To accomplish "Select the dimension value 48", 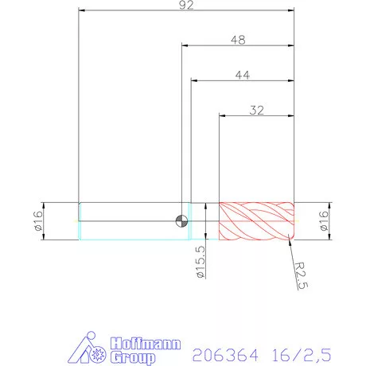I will pos(237,39).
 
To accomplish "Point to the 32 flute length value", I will pos(256,111).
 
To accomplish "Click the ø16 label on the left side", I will pos(37,220).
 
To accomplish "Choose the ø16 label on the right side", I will pos(324,220).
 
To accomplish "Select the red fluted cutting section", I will pos(256,220).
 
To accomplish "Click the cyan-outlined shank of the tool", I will pos(131,220).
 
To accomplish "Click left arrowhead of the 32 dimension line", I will pos(222,118).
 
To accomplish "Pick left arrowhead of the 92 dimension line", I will pos(81,11).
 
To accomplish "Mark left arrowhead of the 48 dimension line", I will pos(185,46).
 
